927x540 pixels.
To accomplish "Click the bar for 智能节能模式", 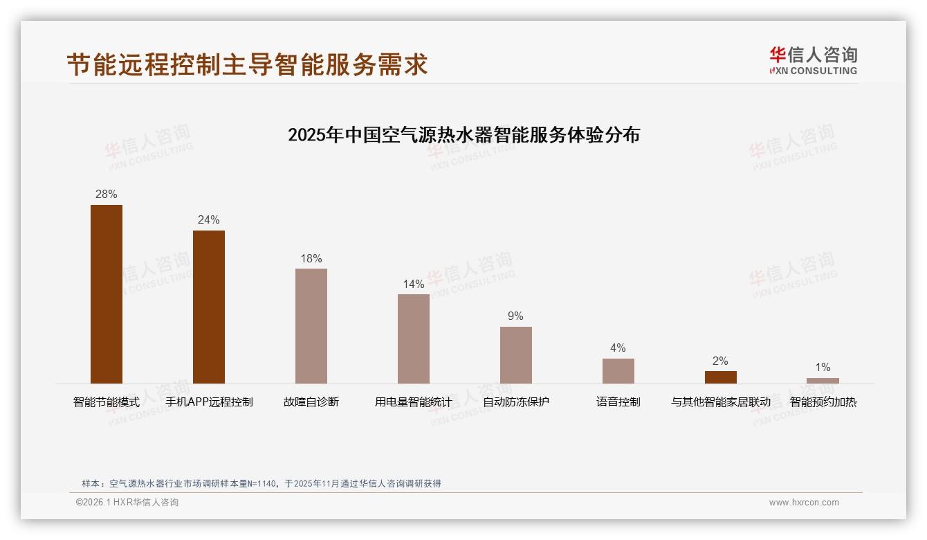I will pos(107,294).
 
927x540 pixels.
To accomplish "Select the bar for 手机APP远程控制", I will pos(209,307).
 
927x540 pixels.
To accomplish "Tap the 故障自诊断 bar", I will pos(311,326).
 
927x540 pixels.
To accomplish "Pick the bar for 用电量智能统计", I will pos(414,339).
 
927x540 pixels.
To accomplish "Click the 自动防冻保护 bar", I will pos(516,355).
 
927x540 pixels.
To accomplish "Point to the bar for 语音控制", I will pos(618,371).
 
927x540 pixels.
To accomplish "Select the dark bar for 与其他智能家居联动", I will pos(721,377).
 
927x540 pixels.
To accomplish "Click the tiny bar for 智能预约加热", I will pos(823,381).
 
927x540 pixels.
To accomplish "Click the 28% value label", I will pos(107,195).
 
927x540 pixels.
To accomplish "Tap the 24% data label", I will pos(209,220).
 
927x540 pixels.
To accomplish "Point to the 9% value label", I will pos(516,316).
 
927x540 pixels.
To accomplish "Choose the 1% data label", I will pos(823,368).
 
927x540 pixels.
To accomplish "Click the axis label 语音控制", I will pos(618,402).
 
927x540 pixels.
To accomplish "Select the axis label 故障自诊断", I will pos(311,402).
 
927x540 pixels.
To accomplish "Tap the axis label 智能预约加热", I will pos(823,402).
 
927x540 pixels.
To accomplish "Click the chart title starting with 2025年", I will pos(463,134).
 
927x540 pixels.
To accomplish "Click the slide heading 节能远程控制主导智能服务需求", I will pos(247,64).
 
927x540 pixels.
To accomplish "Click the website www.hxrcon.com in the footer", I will pos(804,503).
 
